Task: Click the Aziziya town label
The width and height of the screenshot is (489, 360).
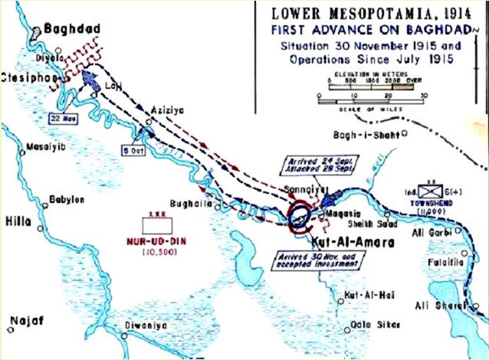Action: click(169, 110)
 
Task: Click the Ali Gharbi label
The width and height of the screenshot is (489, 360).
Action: click(455, 231)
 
